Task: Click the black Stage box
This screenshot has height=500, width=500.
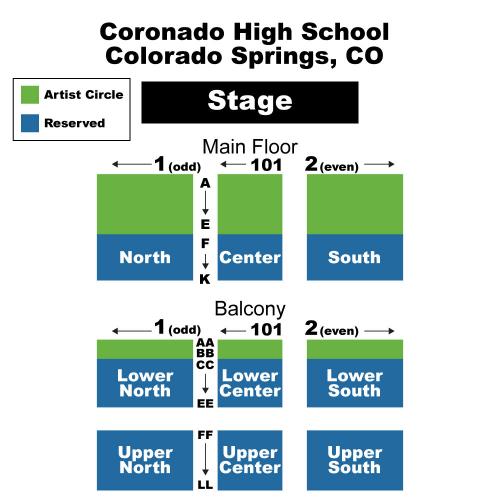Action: [x=250, y=102]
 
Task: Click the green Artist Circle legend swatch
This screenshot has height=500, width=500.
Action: [x=30, y=95]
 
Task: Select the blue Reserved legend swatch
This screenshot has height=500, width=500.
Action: [x=30, y=123]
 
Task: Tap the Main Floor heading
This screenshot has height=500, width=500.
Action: [x=250, y=147]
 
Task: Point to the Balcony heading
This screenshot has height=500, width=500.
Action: [x=250, y=309]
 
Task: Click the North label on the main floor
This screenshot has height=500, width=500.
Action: [x=145, y=257]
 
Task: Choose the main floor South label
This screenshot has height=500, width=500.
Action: [x=354, y=257]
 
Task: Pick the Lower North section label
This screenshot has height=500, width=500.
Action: [x=145, y=383]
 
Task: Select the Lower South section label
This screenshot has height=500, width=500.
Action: [x=355, y=383]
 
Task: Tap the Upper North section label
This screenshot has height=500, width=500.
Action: [x=145, y=460]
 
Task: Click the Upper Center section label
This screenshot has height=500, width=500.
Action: [x=250, y=460]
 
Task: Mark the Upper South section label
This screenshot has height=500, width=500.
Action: [x=355, y=460]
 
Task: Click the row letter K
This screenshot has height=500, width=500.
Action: [x=205, y=279]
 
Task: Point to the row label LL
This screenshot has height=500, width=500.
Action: [x=205, y=485]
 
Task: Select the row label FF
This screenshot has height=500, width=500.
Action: [x=205, y=435]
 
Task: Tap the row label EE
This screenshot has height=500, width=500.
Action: [x=205, y=404]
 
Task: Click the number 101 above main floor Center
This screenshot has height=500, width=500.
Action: [x=266, y=165]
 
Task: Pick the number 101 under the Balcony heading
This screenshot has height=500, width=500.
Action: [x=266, y=330]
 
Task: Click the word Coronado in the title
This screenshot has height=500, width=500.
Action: [x=162, y=32]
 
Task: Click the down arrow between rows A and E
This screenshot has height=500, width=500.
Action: [x=205, y=203]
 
